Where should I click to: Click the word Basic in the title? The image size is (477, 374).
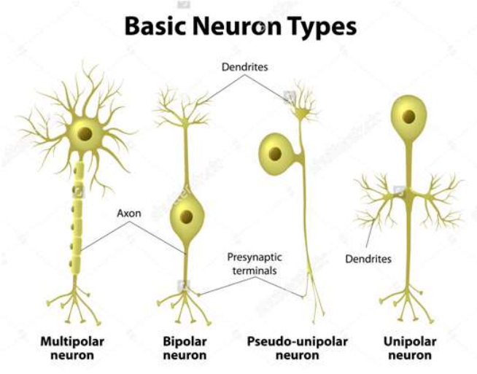[x=155, y=26]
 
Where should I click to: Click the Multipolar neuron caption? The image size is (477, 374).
[x=72, y=348]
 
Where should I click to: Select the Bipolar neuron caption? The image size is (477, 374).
[x=185, y=348]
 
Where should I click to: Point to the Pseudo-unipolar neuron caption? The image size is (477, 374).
[x=297, y=348]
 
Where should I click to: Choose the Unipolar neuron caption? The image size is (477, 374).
[x=410, y=348]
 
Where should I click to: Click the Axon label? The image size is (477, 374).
[x=129, y=213]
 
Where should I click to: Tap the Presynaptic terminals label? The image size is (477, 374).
[x=255, y=264]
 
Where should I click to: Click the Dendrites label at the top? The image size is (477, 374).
[x=244, y=67]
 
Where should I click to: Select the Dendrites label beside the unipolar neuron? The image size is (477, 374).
[x=368, y=259]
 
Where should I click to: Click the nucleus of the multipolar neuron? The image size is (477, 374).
[x=85, y=134]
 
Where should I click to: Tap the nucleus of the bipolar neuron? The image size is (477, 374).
[x=186, y=217]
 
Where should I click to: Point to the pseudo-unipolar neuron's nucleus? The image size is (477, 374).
[x=275, y=154]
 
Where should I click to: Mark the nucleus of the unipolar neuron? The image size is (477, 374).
[x=409, y=117]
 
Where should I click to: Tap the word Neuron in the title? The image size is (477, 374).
[x=236, y=26]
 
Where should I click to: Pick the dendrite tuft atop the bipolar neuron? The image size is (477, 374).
[x=183, y=107]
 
